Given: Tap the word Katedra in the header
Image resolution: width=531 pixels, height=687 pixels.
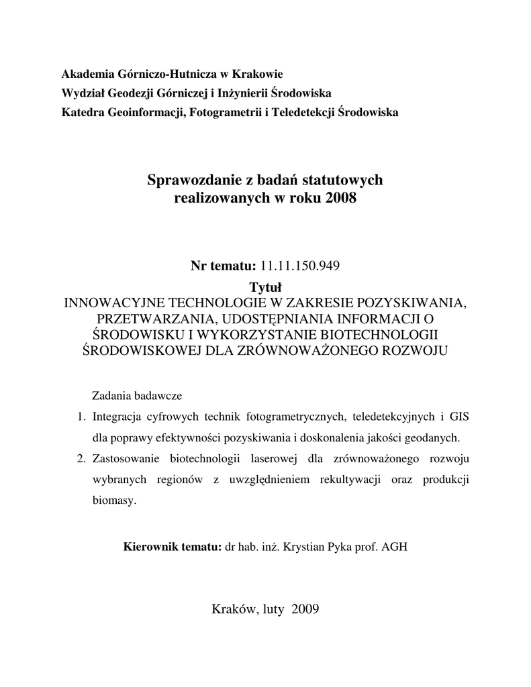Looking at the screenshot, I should [x=83, y=111].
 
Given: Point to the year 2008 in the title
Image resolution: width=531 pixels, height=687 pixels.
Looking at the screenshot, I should [x=341, y=199].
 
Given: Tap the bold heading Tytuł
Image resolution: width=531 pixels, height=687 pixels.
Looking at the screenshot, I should [x=265, y=287].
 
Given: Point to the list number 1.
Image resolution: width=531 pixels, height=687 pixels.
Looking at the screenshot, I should [x=81, y=417].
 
